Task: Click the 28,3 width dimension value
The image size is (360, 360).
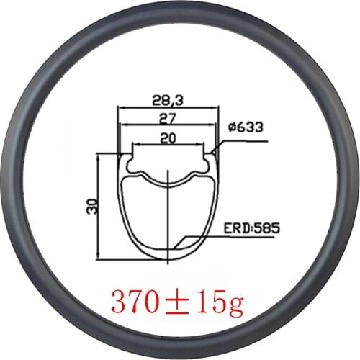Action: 167,101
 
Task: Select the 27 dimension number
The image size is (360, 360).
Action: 167,117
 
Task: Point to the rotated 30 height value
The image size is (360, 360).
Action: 91,207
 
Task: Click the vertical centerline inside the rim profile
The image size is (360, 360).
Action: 167,216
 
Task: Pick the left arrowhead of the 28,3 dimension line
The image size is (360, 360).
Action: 120,109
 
